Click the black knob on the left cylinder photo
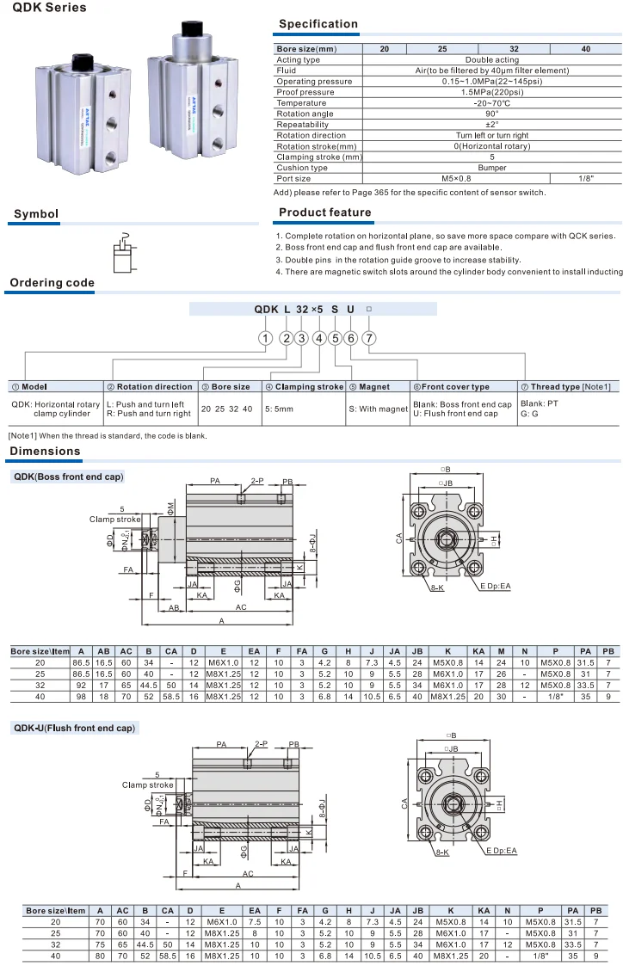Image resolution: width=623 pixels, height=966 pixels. pos(83,63)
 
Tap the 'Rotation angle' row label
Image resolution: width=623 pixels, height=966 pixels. pos(305,114)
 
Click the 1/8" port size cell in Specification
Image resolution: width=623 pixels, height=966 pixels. pos(586,178)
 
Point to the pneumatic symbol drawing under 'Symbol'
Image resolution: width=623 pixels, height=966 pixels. pos(125,252)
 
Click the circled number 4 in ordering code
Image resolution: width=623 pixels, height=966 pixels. pos(318,338)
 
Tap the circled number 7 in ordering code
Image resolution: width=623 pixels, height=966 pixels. pos(368,338)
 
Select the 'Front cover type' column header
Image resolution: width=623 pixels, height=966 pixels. pos(464,387)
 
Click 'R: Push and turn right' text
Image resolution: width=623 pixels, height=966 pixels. pos(148,414)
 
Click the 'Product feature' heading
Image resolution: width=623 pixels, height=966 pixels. pos(325,212)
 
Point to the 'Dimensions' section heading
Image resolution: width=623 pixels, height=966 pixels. pos(45,451)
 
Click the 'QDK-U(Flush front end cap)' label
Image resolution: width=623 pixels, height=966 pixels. pos(74,728)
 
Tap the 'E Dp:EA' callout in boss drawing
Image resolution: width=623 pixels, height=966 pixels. pos(496,586)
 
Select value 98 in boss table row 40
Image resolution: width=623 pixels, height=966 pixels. pos(81,695)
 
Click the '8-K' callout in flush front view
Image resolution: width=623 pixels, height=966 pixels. pos(442,851)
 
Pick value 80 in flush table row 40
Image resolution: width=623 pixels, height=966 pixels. pos(100,955)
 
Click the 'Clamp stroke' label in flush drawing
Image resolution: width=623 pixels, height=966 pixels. pos(147,784)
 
